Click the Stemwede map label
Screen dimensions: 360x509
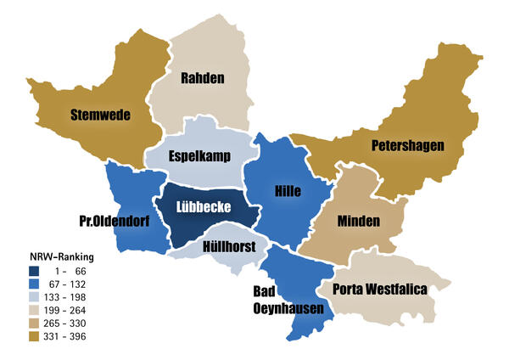[x=100, y=115]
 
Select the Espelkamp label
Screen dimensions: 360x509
[x=199, y=155]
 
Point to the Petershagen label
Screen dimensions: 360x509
[x=407, y=146]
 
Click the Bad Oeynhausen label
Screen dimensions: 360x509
[x=288, y=299]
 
